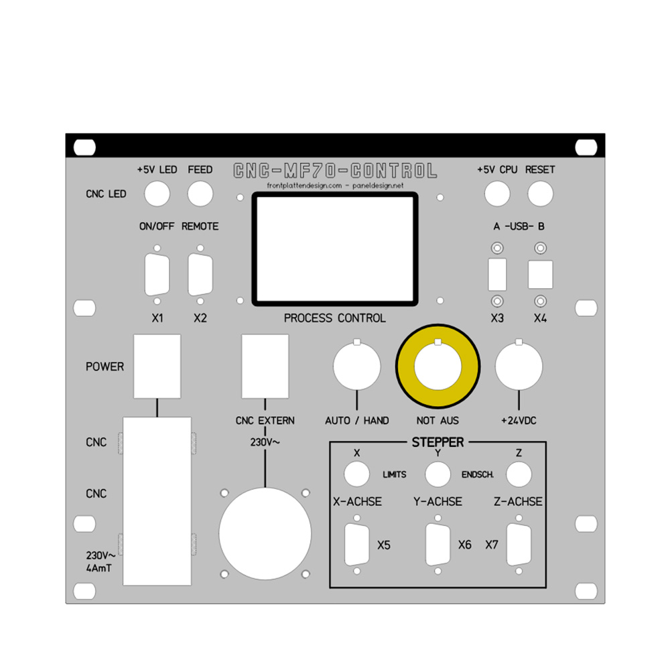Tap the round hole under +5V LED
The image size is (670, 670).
click(x=157, y=194)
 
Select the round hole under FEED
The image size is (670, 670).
click(x=200, y=194)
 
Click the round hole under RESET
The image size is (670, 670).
click(x=540, y=194)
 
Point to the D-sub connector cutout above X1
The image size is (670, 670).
click(x=157, y=275)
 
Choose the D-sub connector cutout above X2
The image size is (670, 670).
click(x=200, y=275)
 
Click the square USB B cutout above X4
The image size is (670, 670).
click(x=540, y=274)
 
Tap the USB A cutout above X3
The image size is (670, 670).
click(x=497, y=274)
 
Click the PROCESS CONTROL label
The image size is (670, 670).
click(x=334, y=318)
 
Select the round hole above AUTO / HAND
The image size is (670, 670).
click(x=357, y=367)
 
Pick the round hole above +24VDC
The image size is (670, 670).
click(x=519, y=367)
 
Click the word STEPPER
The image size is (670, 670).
click(x=438, y=442)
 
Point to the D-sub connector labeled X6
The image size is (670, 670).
click(x=438, y=545)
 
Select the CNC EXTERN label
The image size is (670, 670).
click(x=265, y=421)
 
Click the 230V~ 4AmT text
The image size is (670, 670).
click(x=100, y=561)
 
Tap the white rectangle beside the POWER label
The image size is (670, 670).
click(x=157, y=366)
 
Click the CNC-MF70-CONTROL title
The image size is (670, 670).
click(x=334, y=171)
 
